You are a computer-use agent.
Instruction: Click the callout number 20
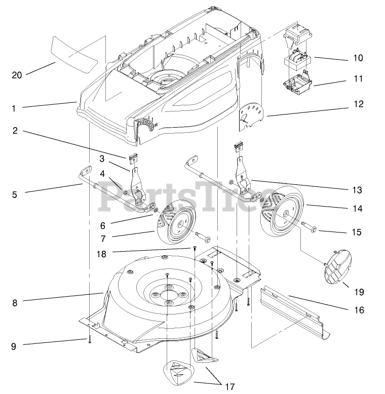click(x=17, y=75)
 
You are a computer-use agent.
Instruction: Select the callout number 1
click(x=14, y=108)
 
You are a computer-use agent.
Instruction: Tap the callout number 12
click(x=358, y=104)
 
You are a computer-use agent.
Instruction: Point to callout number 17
click(x=229, y=386)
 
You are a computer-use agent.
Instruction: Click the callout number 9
click(x=14, y=346)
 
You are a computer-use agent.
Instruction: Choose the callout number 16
click(x=359, y=310)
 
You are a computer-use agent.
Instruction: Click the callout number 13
click(x=358, y=190)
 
